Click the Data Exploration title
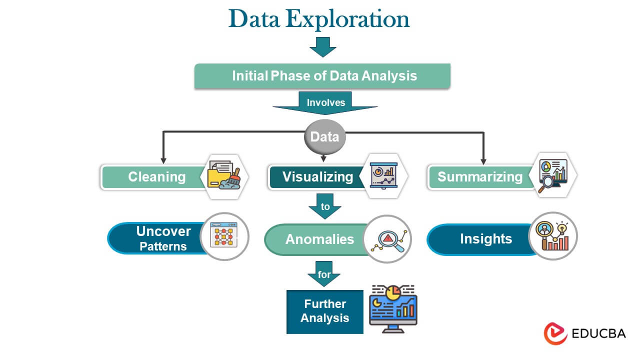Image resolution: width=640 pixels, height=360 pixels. point(319,19)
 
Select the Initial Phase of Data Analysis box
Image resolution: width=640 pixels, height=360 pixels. point(322,76)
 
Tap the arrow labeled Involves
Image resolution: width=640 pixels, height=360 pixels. point(325,103)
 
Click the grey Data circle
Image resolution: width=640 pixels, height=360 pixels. point(325,136)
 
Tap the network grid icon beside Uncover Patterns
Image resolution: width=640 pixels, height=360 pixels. point(224,236)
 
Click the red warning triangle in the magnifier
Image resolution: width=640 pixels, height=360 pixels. point(388,238)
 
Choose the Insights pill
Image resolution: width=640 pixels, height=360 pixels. point(485,239)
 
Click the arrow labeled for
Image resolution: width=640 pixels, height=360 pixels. point(324,274)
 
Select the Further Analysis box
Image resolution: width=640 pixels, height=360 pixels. point(324,311)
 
